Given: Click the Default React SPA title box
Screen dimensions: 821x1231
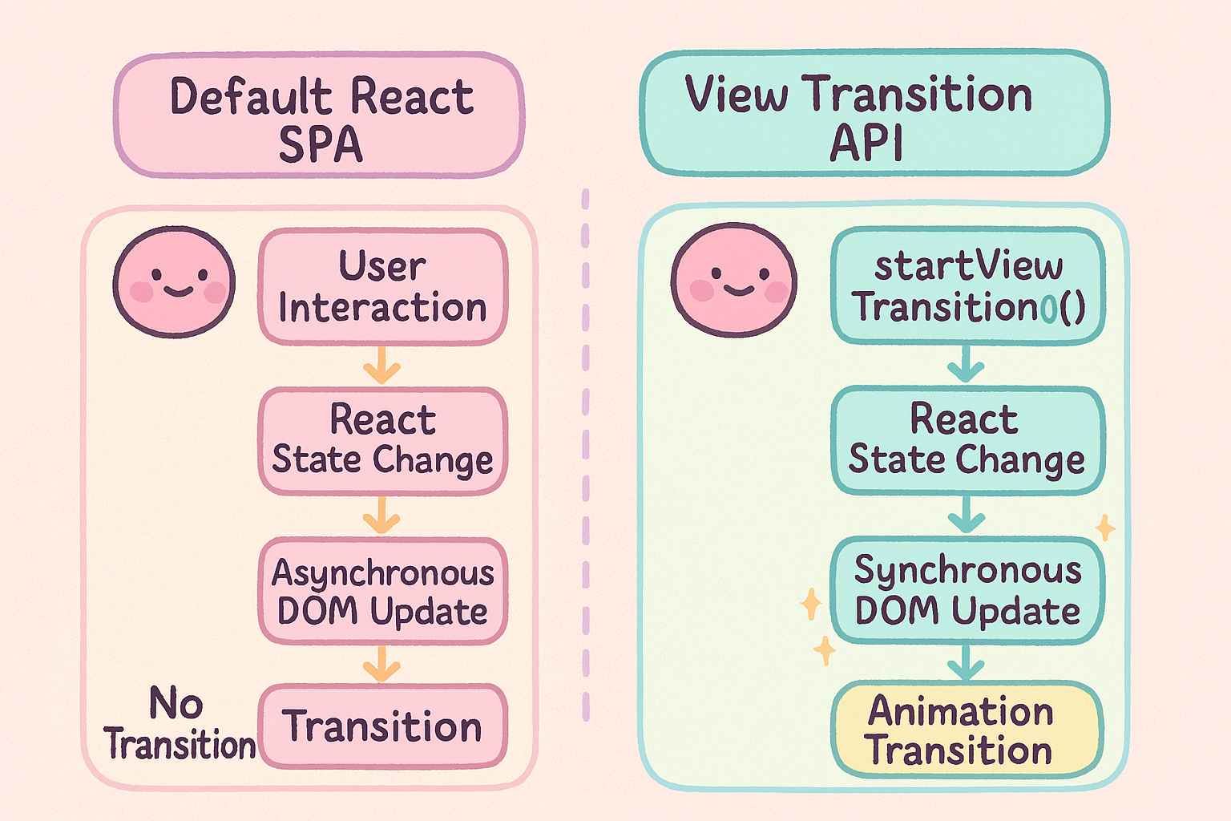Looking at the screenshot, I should [x=319, y=115].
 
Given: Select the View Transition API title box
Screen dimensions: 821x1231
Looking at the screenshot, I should [x=874, y=113].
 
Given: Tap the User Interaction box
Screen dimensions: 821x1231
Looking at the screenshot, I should [x=382, y=286].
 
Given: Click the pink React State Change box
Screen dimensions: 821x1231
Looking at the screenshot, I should [x=382, y=441].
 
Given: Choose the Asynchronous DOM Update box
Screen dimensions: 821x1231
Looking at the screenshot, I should [x=382, y=592].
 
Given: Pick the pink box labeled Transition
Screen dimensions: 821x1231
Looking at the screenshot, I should [x=382, y=726].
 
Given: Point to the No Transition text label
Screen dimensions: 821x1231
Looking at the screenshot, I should [x=178, y=724].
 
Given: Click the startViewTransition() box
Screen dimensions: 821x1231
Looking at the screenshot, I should [x=967, y=285].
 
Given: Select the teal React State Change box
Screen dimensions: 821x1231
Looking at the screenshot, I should [x=967, y=440].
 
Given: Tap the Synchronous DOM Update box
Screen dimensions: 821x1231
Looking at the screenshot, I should [x=967, y=591].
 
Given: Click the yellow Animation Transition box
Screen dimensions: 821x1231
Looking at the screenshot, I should [x=967, y=730].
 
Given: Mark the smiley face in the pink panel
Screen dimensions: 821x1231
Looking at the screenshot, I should [x=174, y=281].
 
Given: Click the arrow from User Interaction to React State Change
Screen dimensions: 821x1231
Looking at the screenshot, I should [x=381, y=366].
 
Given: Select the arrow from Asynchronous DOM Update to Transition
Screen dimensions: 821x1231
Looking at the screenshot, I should [x=381, y=665].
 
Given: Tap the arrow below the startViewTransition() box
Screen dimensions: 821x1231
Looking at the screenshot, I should [x=966, y=365].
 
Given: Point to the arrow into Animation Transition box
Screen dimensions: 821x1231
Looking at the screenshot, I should [x=966, y=663].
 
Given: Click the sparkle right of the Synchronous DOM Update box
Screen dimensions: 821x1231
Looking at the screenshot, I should [x=1105, y=528].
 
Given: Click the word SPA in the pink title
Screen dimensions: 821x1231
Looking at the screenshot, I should [x=320, y=145].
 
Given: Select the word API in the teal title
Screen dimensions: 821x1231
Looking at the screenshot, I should [x=866, y=144].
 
